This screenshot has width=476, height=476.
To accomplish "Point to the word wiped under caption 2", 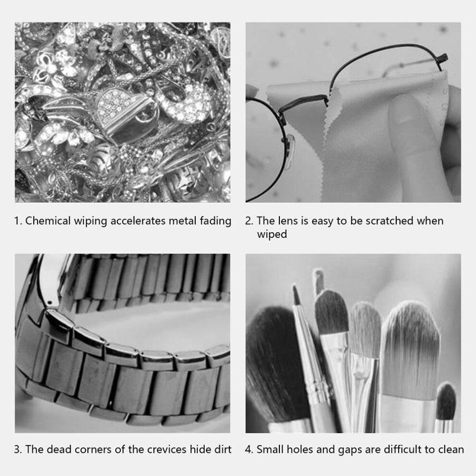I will pyautogui.click(x=272, y=235).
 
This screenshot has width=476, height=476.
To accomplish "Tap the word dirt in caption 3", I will pyautogui.click(x=223, y=450).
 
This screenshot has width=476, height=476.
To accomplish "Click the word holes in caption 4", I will pyautogui.click(x=293, y=450).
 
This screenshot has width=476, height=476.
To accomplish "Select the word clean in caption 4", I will pyautogui.click(x=451, y=450).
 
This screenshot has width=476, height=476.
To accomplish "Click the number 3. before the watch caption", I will pyautogui.click(x=18, y=450).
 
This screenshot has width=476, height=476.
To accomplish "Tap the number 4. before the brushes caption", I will pyautogui.click(x=249, y=450).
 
